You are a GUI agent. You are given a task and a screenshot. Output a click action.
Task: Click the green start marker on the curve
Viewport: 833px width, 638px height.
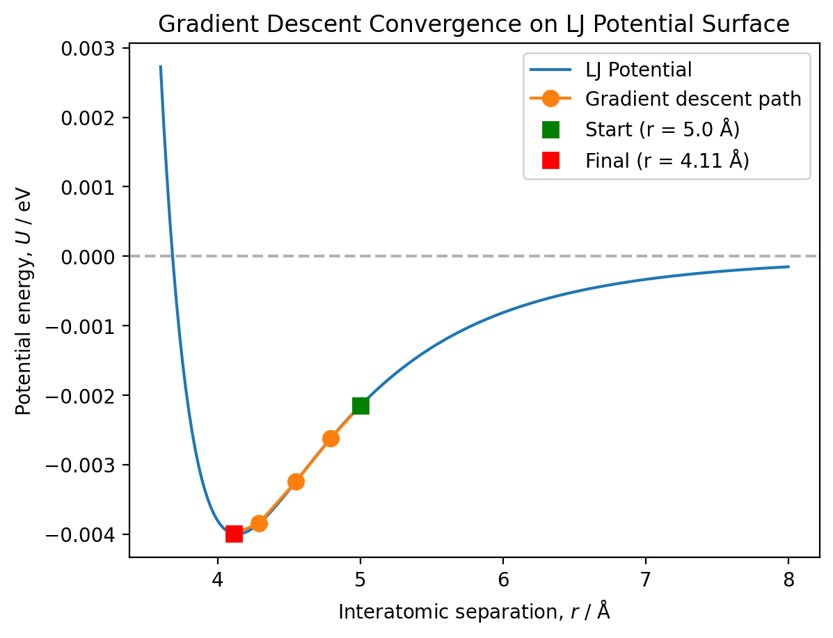(360, 406)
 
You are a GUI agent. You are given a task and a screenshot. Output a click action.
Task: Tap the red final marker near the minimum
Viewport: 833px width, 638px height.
(234, 534)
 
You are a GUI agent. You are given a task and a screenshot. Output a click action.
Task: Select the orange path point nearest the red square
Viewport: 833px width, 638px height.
(259, 523)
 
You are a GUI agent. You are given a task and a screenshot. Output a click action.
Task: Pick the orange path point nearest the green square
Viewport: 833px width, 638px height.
(331, 438)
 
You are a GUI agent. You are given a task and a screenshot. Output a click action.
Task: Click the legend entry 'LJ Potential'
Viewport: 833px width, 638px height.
(638, 70)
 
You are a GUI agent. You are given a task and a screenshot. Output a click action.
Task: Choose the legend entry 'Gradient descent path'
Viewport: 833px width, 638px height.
(693, 99)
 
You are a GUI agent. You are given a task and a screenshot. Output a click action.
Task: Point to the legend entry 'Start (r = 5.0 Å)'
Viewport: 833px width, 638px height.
(662, 130)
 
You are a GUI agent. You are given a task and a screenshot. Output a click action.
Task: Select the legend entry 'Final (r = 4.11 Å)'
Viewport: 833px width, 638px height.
(667, 161)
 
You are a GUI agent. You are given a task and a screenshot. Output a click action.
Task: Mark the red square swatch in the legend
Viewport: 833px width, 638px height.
(550, 161)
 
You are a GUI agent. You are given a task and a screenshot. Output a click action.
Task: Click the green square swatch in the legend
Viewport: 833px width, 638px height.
(550, 130)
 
